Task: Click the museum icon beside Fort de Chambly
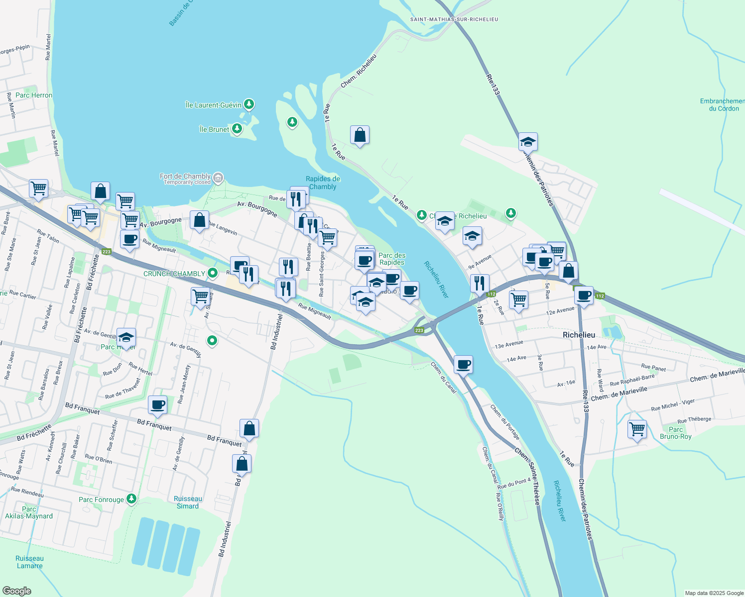218,178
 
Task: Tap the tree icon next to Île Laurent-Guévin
249,104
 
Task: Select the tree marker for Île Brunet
237,129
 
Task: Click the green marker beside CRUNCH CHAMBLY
213,273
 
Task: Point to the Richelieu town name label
579,335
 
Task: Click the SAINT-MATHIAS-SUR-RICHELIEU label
454,19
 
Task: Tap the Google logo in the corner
17,591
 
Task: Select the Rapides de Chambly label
323,183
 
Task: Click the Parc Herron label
34,95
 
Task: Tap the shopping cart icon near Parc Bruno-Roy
637,428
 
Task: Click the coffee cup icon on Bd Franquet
158,404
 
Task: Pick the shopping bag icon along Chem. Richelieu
360,135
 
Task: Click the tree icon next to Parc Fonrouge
131,498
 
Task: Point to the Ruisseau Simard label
188,502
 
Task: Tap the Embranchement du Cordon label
722,104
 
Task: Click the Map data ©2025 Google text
714,593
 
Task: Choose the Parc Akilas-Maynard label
29,512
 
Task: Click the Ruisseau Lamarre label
29,562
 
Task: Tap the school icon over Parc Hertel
126,338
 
